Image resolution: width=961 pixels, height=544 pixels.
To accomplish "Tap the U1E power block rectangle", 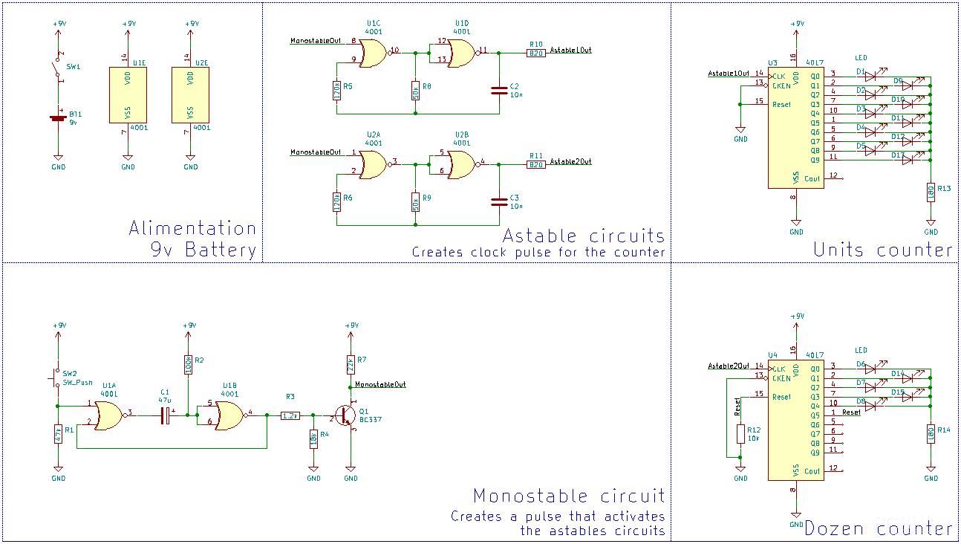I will [x=128, y=94].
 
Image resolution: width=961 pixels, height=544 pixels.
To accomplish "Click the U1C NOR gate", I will [x=372, y=53].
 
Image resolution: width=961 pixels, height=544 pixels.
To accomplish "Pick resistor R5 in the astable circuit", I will [x=337, y=91].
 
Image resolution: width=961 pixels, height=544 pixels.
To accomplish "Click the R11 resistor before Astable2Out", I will [x=535, y=165].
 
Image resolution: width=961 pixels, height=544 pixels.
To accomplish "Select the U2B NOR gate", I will [x=461, y=164].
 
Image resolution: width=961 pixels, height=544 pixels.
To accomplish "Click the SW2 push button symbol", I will [x=56, y=377].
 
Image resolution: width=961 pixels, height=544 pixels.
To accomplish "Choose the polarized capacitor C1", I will [x=166, y=416].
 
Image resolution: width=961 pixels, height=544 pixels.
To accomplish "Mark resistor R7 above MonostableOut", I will [x=351, y=364].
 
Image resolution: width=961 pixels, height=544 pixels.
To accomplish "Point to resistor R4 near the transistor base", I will [x=313, y=438].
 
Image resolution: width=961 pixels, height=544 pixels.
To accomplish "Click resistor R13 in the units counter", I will [x=930, y=192].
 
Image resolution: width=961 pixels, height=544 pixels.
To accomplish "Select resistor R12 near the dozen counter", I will [x=740, y=434].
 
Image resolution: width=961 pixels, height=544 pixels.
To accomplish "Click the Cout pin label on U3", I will [x=812, y=178].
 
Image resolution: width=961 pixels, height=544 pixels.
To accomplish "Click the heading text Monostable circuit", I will [x=569, y=496].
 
